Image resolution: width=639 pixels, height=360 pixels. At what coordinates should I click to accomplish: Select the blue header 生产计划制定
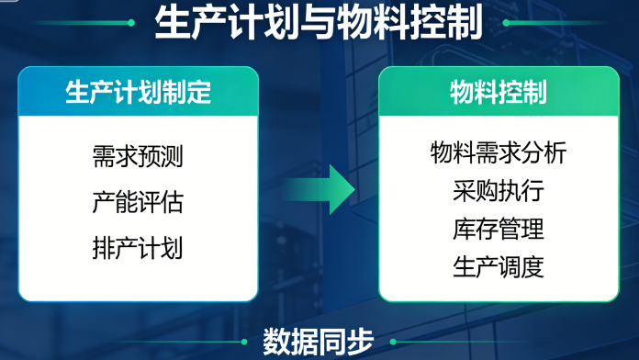[x=138, y=92]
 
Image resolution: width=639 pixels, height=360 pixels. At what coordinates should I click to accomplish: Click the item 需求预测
[x=138, y=156]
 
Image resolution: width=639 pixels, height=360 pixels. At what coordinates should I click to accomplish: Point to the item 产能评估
[x=138, y=200]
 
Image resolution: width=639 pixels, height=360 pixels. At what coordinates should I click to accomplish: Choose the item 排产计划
[x=138, y=246]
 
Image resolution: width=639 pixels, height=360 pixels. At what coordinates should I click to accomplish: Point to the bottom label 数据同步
[x=319, y=342]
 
